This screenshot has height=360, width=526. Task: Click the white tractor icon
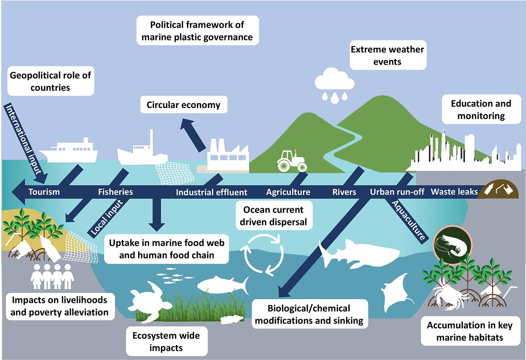pos(292,160)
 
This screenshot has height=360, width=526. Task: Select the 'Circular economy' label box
pos(183,105)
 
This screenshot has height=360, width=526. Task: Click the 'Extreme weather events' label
pos(387,56)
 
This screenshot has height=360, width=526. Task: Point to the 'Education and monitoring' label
pos(481,110)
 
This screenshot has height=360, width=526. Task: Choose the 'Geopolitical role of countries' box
pos(50,82)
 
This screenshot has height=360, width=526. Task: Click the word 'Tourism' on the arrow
pos(44,192)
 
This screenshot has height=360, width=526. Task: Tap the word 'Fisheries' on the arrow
pos(115,192)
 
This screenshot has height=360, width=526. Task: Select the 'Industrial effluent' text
pos(212,192)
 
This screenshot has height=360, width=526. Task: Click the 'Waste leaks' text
pos(454,192)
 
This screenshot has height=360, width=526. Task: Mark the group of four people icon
pos(52,276)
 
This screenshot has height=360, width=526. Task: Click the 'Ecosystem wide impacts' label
pos(166,342)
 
